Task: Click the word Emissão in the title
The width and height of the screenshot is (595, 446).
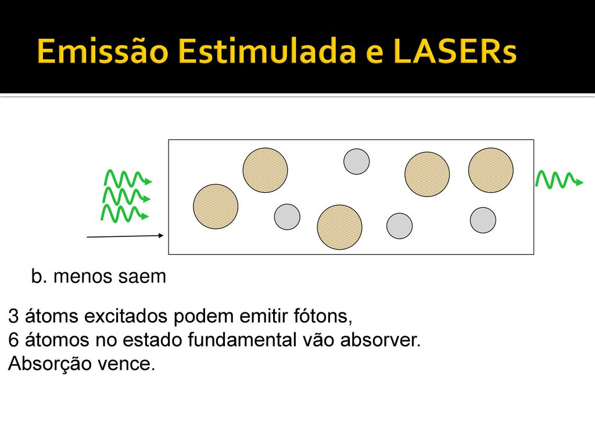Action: point(103,51)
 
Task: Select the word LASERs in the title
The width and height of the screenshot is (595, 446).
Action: point(455,51)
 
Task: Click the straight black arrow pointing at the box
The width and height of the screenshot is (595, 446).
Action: point(126,236)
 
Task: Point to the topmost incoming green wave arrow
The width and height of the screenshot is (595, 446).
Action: point(128,178)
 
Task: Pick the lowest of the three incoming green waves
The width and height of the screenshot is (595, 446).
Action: point(124,213)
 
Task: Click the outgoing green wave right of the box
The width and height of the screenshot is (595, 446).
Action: point(560,179)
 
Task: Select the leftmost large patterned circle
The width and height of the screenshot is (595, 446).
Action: point(216,207)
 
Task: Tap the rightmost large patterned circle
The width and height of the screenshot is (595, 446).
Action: point(490,170)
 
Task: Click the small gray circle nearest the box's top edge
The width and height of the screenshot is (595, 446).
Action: point(356,161)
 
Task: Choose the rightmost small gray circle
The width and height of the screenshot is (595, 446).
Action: point(483,220)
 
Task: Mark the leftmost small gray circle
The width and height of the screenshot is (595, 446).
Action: point(287,217)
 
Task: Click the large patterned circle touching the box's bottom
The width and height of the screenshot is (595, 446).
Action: point(339,227)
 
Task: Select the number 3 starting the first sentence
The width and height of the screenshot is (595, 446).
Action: point(13,316)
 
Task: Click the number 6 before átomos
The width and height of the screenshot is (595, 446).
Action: point(13,340)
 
